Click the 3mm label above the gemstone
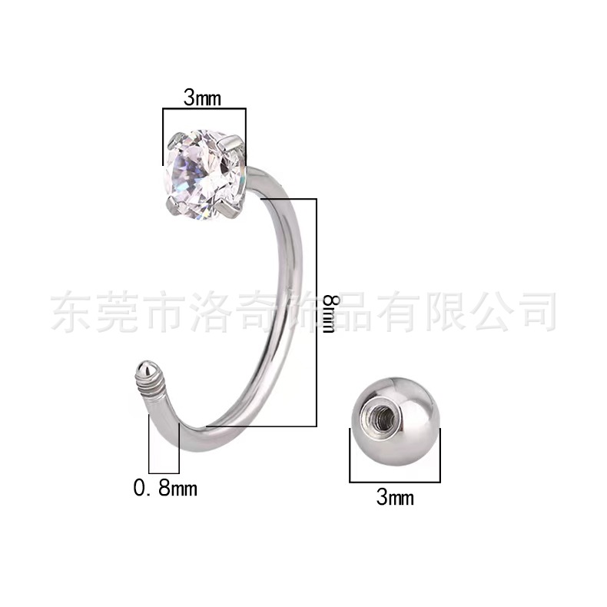tap(204, 98)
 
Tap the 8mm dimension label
tap(329, 311)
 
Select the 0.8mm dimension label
tap(165, 487)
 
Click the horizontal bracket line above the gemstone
tap(204, 111)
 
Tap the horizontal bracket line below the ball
tap(395, 482)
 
